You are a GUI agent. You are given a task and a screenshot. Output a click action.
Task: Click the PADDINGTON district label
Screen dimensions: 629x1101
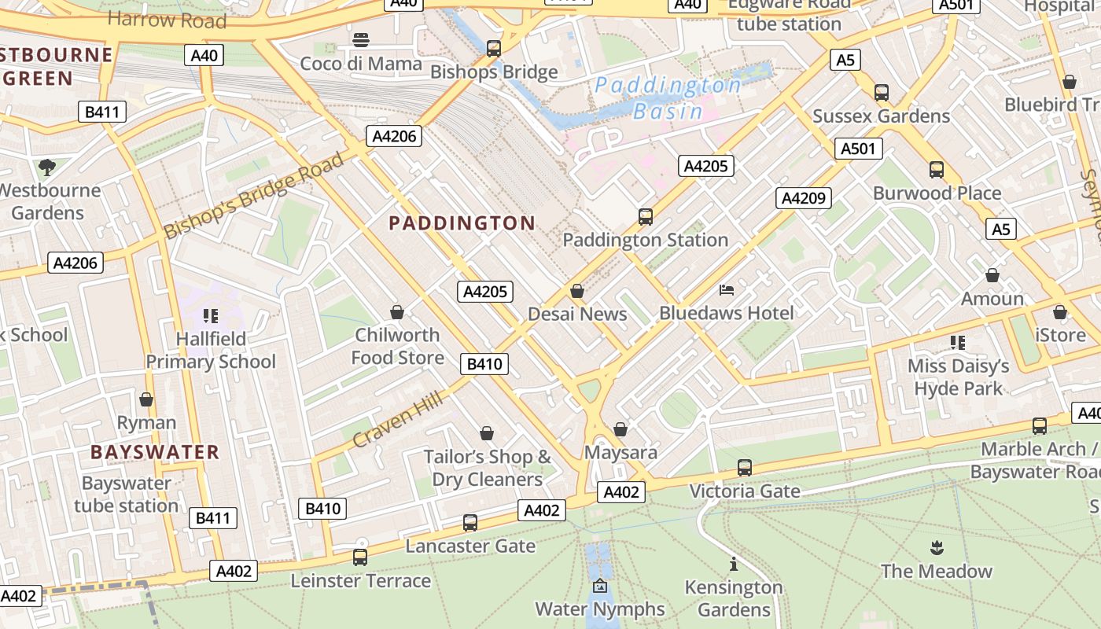[x=462, y=223]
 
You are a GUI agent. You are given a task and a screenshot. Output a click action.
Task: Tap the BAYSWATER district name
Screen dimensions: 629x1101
[x=154, y=452]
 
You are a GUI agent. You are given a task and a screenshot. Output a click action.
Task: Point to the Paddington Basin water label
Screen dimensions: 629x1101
[x=668, y=97]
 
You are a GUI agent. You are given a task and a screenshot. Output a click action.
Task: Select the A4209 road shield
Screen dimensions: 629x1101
[x=803, y=198]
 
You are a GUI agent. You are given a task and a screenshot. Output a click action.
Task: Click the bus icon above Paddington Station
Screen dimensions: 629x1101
[x=646, y=216]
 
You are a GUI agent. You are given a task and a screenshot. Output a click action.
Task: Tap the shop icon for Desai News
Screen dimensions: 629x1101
[x=577, y=292]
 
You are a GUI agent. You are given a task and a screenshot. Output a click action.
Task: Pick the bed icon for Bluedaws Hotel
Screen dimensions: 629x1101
[x=727, y=290]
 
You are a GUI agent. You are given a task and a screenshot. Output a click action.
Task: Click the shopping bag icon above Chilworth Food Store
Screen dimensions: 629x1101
[x=397, y=312]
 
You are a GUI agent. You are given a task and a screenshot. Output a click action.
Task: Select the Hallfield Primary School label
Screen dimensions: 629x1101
[x=211, y=350]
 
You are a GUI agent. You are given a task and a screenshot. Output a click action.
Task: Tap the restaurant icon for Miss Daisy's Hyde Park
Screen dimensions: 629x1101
[x=957, y=343]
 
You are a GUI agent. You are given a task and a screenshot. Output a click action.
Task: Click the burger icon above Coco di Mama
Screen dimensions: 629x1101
[x=361, y=40]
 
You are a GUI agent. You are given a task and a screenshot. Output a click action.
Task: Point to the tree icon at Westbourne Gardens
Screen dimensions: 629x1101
[x=47, y=167]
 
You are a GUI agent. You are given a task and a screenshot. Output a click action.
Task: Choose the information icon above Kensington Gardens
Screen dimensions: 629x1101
[x=734, y=564]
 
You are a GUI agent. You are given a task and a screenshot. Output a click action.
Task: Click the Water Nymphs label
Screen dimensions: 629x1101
[x=600, y=609]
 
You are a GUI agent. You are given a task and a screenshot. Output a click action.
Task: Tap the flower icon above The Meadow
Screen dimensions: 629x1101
[x=936, y=547]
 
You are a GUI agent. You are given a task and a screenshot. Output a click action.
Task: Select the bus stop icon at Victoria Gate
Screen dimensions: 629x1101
[x=744, y=468]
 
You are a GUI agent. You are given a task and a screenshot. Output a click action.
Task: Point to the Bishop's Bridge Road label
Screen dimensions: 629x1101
[x=254, y=196]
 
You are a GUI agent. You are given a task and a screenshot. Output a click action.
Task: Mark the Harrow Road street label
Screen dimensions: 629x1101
[x=167, y=19]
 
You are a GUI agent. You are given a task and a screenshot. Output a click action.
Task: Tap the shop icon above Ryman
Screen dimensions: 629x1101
[x=145, y=399]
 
